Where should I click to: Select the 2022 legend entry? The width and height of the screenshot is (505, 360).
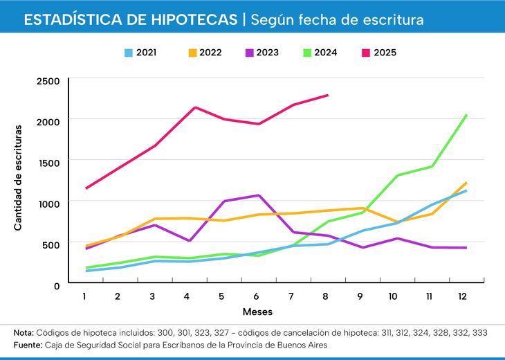click(203, 52)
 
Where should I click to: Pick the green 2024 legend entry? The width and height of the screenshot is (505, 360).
click(325, 52)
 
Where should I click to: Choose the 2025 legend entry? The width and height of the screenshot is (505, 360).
click(385, 52)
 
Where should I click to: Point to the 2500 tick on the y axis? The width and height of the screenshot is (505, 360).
click(48, 81)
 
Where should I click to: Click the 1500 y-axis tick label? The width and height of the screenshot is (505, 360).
click(48, 162)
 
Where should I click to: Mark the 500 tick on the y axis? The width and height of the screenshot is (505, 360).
click(51, 244)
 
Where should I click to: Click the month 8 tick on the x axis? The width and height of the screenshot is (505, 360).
click(324, 296)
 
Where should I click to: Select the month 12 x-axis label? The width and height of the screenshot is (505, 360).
click(462, 296)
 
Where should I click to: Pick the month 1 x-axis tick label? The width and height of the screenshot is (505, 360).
click(84, 296)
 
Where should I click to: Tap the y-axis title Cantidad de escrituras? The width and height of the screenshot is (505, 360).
click(18, 178)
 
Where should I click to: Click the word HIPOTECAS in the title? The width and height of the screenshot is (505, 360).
click(194, 19)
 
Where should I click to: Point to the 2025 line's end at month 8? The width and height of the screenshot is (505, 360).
click(328, 95)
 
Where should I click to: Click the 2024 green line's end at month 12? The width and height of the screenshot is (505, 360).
click(466, 115)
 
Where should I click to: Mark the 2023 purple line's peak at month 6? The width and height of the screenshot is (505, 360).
click(258, 195)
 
